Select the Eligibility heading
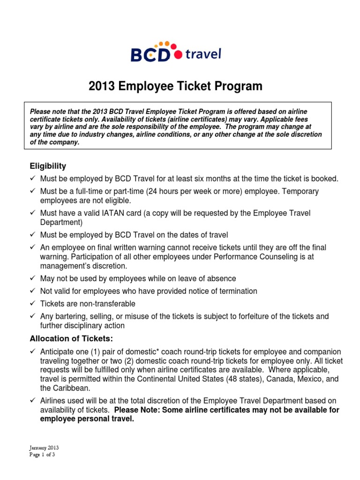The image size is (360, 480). tap(48, 166)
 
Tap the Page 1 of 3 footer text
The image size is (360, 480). tap(42, 454)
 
